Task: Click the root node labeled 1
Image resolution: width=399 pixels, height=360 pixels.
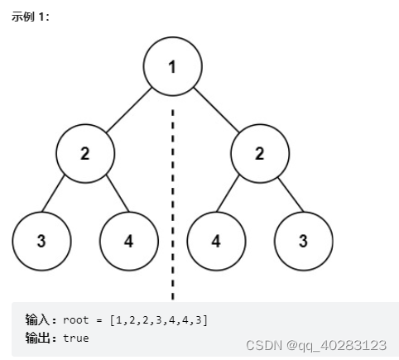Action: (172, 67)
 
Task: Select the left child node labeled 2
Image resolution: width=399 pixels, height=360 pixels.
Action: (85, 154)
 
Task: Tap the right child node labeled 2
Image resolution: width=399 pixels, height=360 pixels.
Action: (259, 154)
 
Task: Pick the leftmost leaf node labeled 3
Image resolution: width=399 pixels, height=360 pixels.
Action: (41, 241)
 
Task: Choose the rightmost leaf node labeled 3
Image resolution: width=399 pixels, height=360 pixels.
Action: (303, 241)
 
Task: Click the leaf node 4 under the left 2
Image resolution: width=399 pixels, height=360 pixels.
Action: (128, 241)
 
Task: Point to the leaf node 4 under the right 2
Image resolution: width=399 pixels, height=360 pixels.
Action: (216, 241)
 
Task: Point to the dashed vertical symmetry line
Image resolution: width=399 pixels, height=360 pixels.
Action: (172, 199)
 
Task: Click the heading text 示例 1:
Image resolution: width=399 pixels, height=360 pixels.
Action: (30, 17)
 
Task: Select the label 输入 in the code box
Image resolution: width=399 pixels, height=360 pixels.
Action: (39, 319)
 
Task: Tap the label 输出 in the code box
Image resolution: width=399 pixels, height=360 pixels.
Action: (39, 338)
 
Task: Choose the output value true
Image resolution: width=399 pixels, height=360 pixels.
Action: (75, 338)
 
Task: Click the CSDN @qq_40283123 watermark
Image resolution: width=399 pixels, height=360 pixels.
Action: (317, 344)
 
